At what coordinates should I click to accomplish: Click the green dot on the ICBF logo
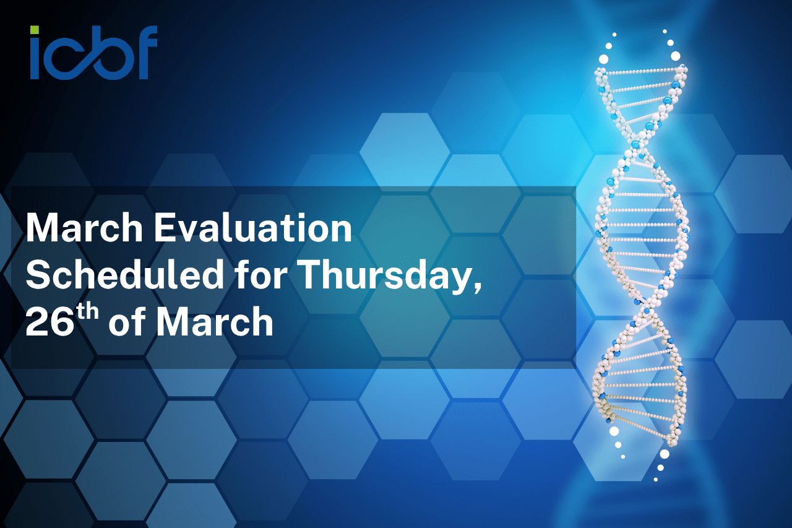(x=35, y=30)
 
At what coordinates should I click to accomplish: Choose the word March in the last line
(x=215, y=322)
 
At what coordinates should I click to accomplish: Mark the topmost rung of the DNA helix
(x=641, y=71)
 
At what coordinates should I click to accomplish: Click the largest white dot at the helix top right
(x=675, y=56)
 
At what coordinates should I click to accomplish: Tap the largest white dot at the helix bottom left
(x=614, y=431)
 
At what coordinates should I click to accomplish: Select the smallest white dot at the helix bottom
(x=655, y=480)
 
